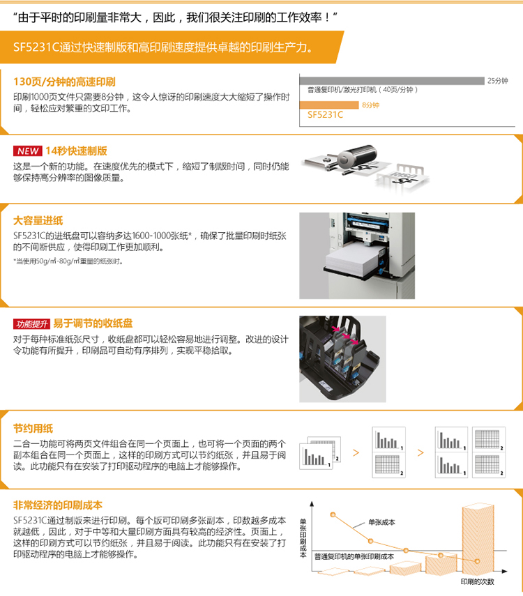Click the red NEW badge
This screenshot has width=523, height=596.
[x=28, y=151]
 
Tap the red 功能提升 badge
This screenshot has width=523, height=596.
[x=31, y=324]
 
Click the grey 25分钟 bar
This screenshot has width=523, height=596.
[x=392, y=81]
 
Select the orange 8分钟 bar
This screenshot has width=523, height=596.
[x=329, y=105]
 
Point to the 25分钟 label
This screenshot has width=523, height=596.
[x=497, y=81]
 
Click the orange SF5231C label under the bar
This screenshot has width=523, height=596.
[x=325, y=115]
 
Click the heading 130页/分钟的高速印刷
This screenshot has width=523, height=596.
[x=64, y=82]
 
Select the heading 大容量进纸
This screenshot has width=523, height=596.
[x=38, y=220]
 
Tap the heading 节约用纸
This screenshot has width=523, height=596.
[x=33, y=429]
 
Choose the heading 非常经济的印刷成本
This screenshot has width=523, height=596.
[x=58, y=505]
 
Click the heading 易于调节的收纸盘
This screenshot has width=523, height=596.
[x=93, y=323]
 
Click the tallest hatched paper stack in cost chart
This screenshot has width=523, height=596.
[x=478, y=539]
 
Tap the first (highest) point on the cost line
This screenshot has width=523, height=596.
[x=333, y=514]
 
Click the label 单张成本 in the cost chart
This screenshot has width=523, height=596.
[x=381, y=522]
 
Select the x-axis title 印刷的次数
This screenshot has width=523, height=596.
[x=478, y=581]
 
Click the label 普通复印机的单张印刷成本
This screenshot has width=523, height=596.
[x=354, y=556]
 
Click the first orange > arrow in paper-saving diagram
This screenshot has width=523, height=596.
[x=356, y=452]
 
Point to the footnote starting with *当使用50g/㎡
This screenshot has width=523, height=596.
[x=68, y=261]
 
